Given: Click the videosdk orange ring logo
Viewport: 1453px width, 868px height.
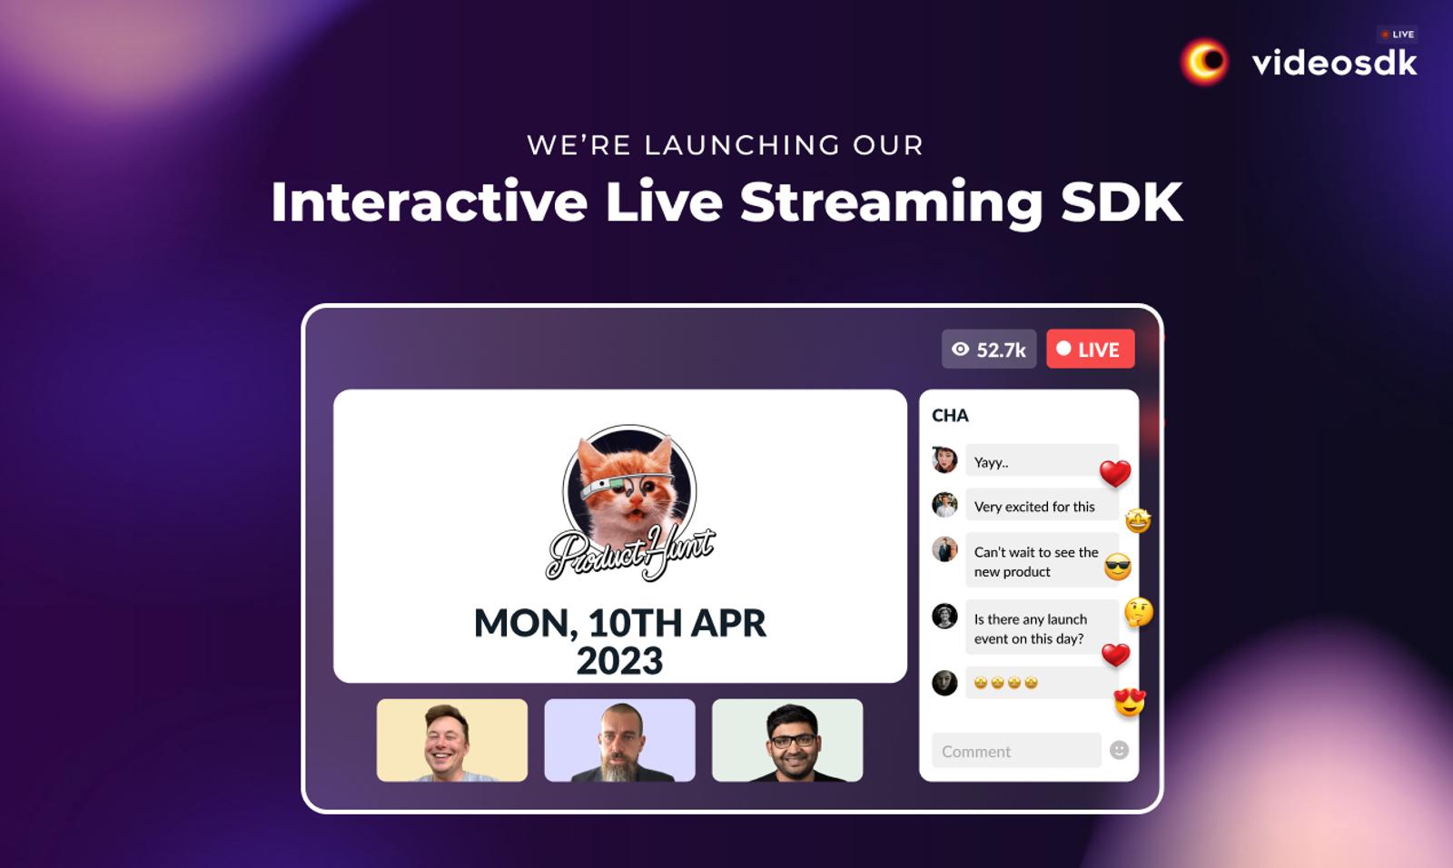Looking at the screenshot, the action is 1204,62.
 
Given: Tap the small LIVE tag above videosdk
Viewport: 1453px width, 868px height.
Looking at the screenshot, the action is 1398,35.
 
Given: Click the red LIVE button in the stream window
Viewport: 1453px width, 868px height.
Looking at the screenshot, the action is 1091,349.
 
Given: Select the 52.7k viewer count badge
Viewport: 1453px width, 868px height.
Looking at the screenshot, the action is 989,349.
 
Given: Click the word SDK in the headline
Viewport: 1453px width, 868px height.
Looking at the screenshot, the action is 1122,202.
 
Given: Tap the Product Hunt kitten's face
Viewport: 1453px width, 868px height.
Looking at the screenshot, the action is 628,489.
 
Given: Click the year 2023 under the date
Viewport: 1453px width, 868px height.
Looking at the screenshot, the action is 619,660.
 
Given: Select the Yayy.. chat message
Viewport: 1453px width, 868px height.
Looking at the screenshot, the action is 1042,462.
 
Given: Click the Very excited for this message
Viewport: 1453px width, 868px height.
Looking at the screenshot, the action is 1042,506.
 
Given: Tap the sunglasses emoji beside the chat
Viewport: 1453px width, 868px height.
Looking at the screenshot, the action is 1118,567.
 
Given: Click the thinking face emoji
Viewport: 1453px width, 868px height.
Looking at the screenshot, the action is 1139,612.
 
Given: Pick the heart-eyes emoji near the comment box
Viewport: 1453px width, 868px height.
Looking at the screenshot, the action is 1130,702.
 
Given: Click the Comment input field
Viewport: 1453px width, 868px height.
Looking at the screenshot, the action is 1016,751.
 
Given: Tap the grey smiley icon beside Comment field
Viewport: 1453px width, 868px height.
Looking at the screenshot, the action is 1119,750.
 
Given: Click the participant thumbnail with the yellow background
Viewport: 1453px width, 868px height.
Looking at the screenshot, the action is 452,740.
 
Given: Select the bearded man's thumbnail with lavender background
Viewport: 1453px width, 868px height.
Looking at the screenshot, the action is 619,740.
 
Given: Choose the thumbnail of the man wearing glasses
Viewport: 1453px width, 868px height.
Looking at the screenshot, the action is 787,740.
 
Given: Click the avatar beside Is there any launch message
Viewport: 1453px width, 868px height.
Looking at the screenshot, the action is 944,616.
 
